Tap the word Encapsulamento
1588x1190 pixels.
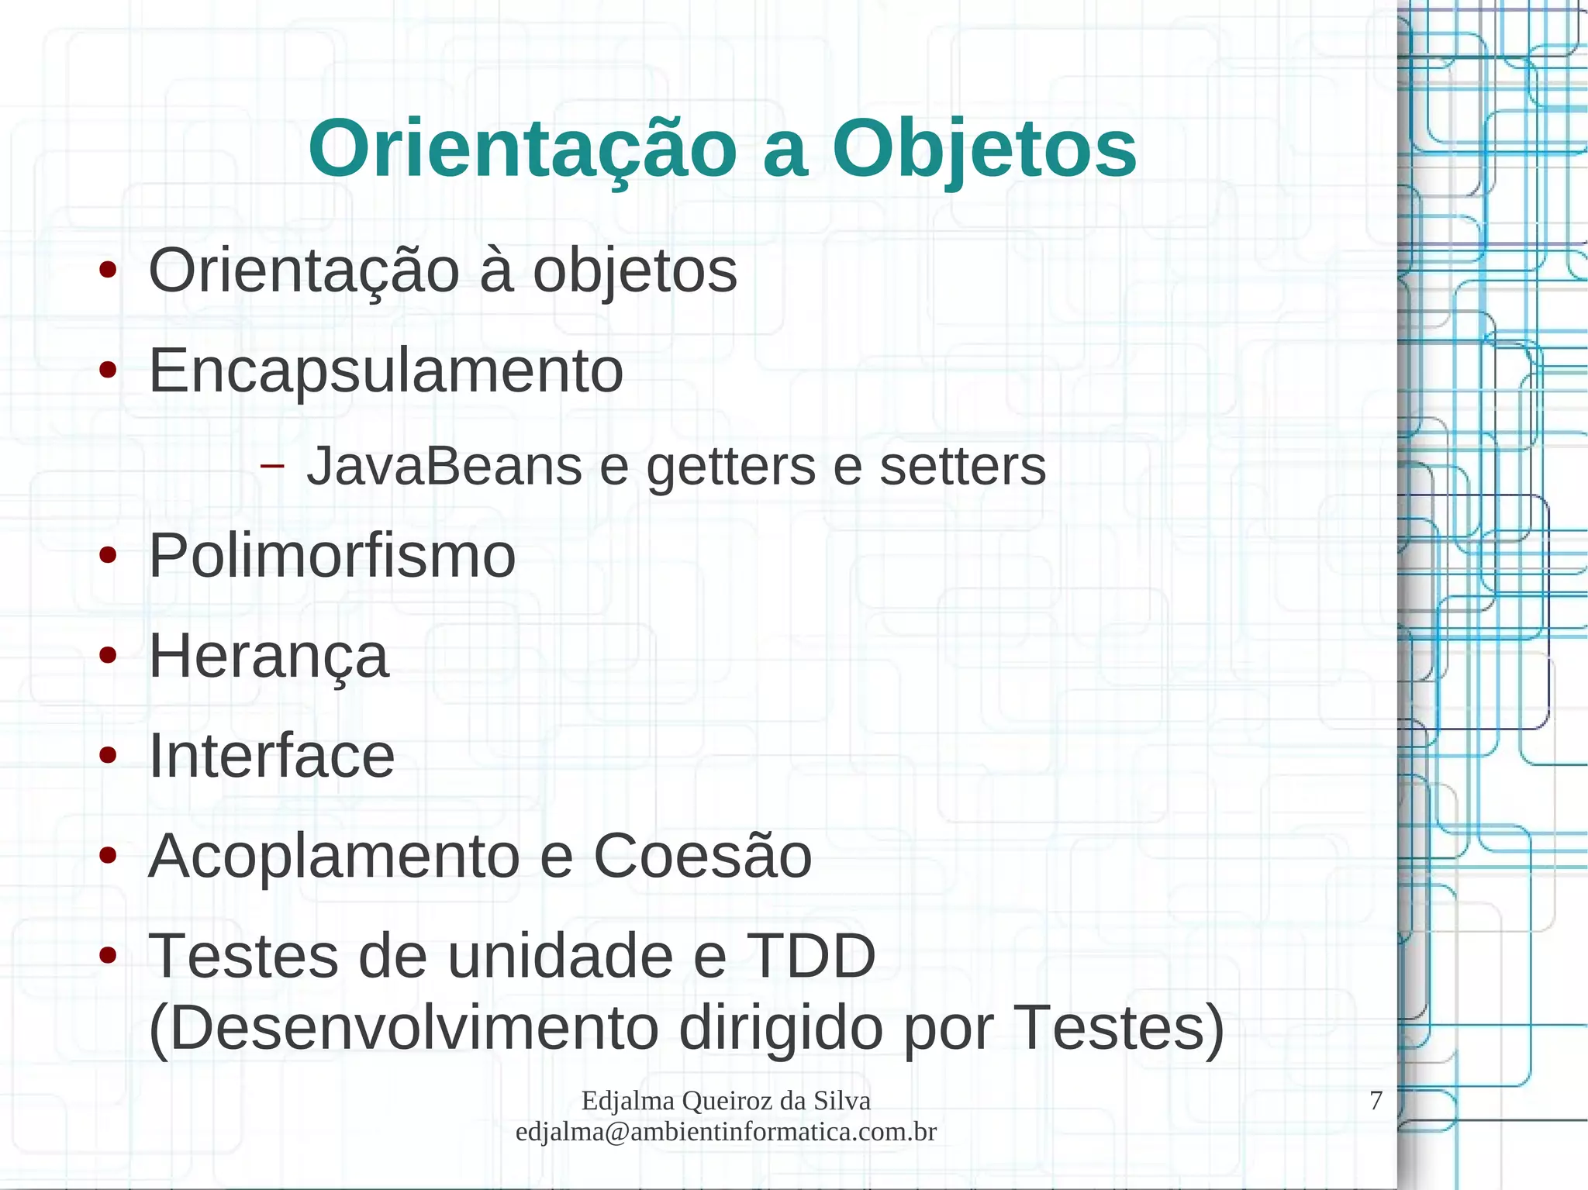[385, 371]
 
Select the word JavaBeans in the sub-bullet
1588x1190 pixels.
[444, 467]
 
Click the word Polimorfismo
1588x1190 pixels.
[332, 556]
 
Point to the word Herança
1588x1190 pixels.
[268, 656]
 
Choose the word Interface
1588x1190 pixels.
[271, 756]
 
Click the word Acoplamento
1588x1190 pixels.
[333, 856]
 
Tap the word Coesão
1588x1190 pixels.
[703, 856]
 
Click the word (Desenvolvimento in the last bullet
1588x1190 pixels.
[403, 1029]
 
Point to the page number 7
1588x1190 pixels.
[1376, 1101]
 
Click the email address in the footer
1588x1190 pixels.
[726, 1132]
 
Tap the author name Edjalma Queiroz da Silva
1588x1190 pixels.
[726, 1101]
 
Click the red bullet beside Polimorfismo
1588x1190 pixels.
[108, 556]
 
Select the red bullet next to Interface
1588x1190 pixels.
[108, 756]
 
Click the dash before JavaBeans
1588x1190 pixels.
[271, 466]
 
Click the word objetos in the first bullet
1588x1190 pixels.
[634, 271]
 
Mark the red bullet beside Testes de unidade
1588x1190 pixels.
[108, 956]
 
